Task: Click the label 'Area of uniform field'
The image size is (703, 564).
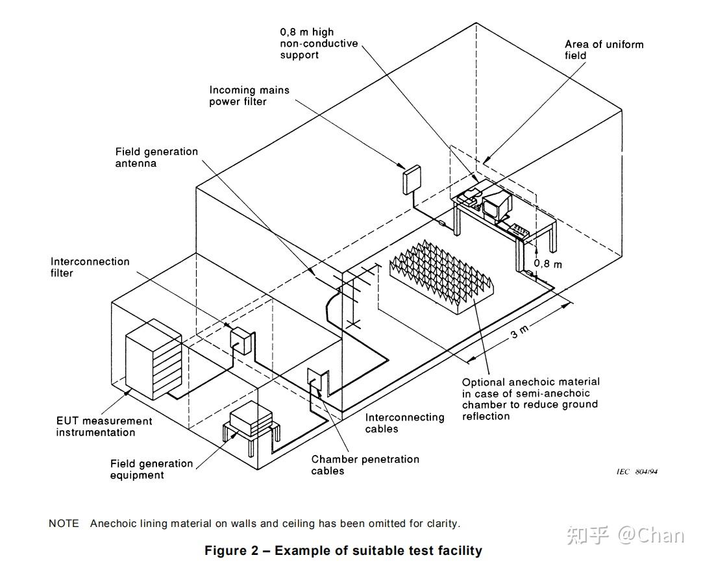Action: point(604,50)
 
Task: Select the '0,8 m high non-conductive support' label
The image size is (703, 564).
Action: point(319,43)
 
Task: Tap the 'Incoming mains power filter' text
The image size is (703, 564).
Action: point(249,95)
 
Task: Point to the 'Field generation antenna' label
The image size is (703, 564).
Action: point(156,157)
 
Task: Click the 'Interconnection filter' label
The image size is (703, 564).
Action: point(90,267)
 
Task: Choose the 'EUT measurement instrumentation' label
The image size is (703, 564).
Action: point(104,426)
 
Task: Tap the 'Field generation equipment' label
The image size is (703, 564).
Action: point(151,469)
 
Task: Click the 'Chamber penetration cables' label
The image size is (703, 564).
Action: point(365,465)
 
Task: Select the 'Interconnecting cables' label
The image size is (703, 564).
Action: point(404,423)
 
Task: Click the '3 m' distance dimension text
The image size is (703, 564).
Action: point(520,332)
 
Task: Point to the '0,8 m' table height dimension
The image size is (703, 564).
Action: point(547,264)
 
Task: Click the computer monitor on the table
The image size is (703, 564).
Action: point(497,204)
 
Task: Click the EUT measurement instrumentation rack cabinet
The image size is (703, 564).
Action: point(153,359)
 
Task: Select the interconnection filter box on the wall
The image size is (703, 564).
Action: point(240,341)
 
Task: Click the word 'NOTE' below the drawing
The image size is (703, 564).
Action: point(64,523)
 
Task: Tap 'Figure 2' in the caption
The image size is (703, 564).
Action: point(231,550)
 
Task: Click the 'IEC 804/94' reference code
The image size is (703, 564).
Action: point(637,471)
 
